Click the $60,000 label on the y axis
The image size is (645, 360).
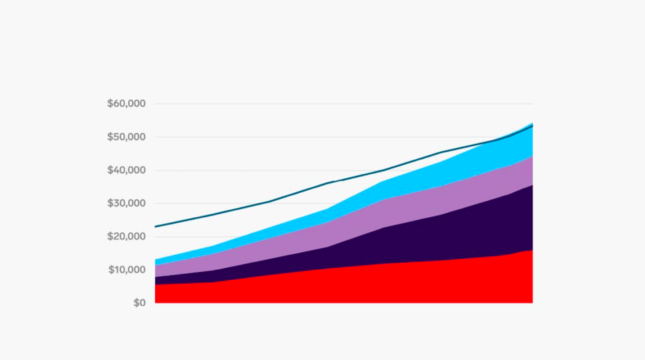click(126, 104)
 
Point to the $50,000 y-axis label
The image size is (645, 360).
click(126, 137)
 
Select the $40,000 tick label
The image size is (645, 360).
click(126, 171)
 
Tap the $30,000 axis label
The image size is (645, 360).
click(126, 203)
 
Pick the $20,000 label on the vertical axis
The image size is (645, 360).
click(126, 237)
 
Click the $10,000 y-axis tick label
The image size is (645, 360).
click(127, 270)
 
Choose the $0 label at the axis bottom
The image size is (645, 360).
click(140, 303)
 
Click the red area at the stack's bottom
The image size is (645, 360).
click(342, 286)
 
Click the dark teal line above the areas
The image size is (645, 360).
click(270, 201)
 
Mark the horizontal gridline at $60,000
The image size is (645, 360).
click(342, 104)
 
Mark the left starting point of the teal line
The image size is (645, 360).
click(155, 226)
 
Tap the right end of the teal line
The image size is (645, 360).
click(532, 126)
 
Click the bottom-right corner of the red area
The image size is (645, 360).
click(532, 302)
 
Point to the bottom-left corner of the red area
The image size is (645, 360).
click(156, 302)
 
